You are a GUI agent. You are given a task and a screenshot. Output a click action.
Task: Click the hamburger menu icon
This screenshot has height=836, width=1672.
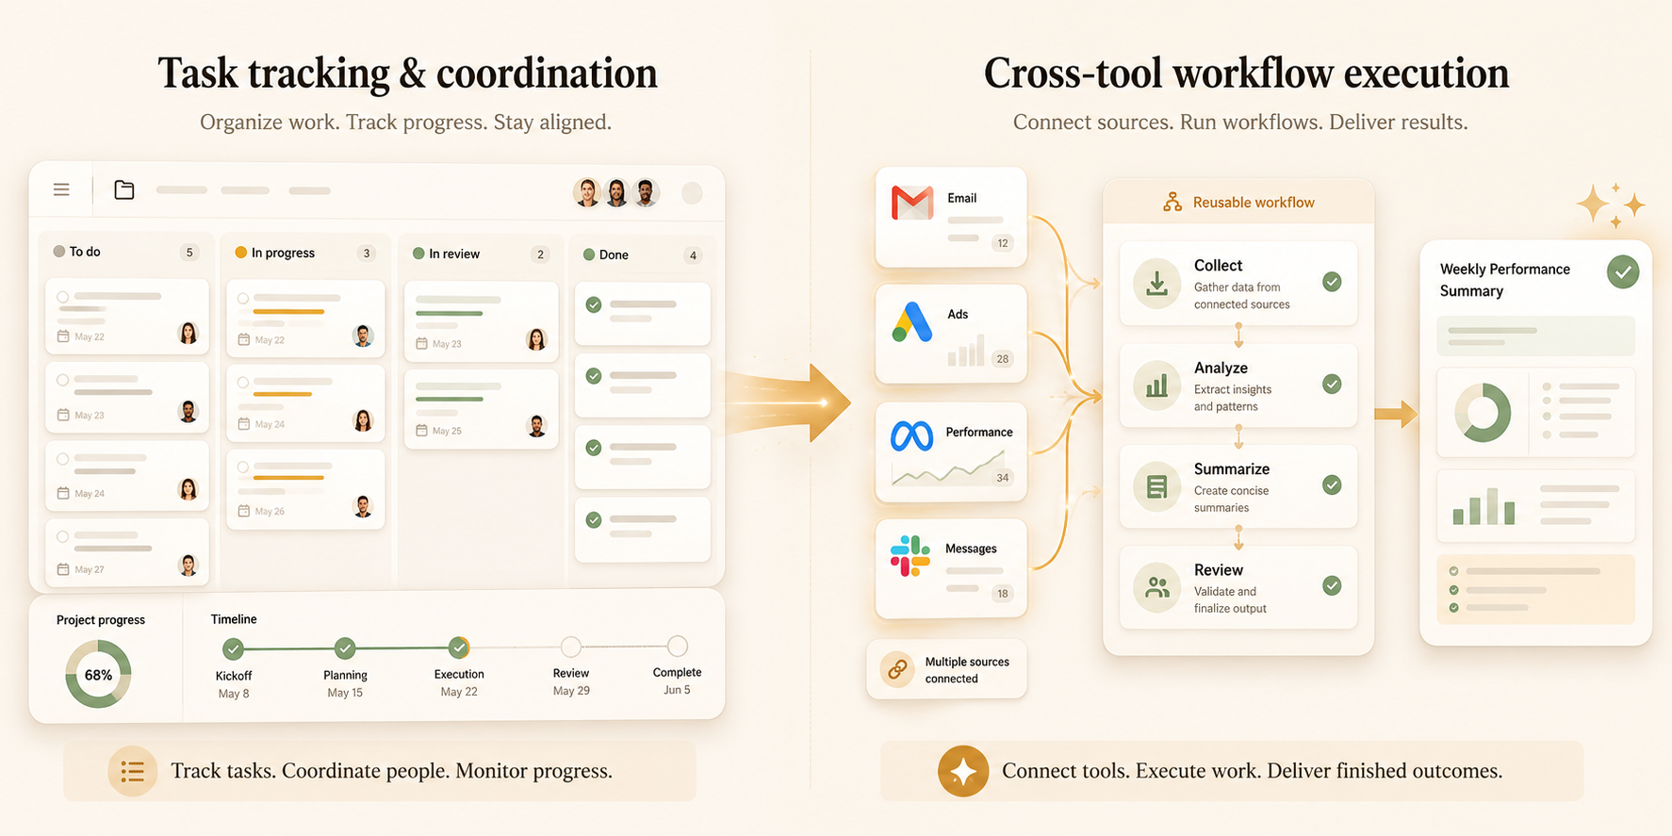61,190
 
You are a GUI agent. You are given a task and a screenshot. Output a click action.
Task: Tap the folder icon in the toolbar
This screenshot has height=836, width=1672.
123,190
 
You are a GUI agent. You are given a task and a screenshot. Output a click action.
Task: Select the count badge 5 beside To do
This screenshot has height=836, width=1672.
189,253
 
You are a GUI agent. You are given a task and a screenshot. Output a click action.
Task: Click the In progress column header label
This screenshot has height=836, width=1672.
283,253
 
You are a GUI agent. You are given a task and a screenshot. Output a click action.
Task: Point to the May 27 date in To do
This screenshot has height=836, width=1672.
90,569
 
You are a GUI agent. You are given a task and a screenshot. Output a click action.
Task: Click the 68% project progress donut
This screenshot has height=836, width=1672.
98,674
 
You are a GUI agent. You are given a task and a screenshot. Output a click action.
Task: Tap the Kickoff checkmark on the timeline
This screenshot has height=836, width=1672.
233,648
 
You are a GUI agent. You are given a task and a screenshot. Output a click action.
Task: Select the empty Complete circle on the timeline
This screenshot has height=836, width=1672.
677,646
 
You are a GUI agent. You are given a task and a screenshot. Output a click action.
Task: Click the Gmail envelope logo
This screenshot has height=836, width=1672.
912,203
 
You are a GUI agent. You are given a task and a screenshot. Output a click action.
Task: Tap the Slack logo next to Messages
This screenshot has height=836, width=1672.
910,556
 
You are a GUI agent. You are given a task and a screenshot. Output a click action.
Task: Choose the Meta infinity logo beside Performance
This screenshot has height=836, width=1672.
911,435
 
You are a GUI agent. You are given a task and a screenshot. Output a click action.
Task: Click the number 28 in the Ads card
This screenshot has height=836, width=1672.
1003,359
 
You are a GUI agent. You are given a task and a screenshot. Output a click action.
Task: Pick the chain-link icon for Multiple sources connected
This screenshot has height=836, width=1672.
897,669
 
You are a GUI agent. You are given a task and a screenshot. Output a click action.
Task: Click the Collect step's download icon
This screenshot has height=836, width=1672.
1156,283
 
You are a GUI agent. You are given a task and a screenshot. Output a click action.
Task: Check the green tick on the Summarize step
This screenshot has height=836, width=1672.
1332,484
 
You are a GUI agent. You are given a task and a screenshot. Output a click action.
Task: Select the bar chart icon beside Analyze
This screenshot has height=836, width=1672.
1156,385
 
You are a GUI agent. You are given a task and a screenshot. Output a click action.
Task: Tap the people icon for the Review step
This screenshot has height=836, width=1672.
1156,588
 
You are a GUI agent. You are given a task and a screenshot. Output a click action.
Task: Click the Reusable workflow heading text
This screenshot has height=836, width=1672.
1254,203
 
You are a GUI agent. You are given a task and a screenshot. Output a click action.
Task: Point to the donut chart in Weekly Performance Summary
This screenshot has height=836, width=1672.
1483,412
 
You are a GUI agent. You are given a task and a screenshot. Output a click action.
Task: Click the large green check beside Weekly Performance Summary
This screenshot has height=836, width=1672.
1623,272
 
